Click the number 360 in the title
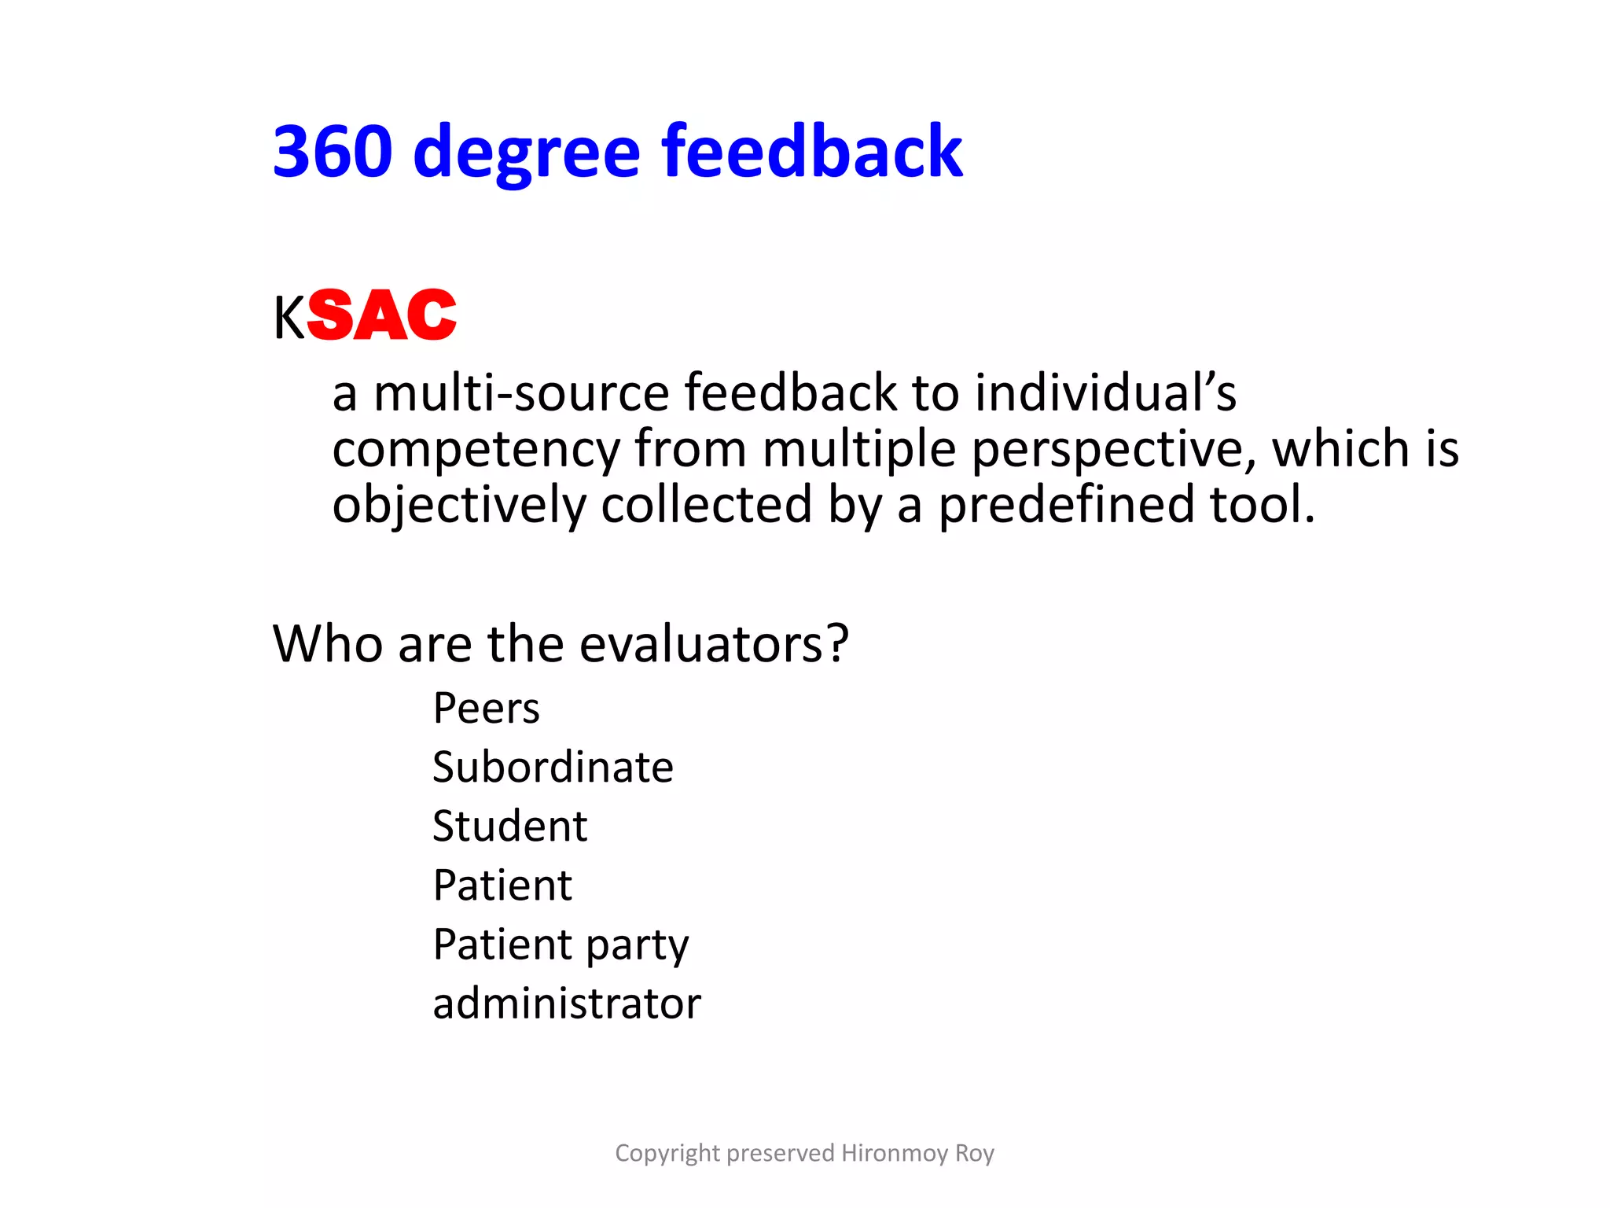pyautogui.click(x=333, y=151)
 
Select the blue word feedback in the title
pyautogui.click(x=812, y=151)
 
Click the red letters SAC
pyautogui.click(x=382, y=315)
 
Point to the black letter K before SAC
pyautogui.click(x=289, y=319)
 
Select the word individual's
pyautogui.click(x=1106, y=392)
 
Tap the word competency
pyautogui.click(x=476, y=450)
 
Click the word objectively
pyautogui.click(x=459, y=505)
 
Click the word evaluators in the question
pyautogui.click(x=714, y=644)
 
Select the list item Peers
pyautogui.click(x=487, y=709)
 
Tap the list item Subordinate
pyautogui.click(x=553, y=768)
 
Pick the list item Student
pyautogui.click(x=510, y=827)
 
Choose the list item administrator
pyautogui.click(x=567, y=1004)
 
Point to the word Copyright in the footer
pyautogui.click(x=667, y=1153)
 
